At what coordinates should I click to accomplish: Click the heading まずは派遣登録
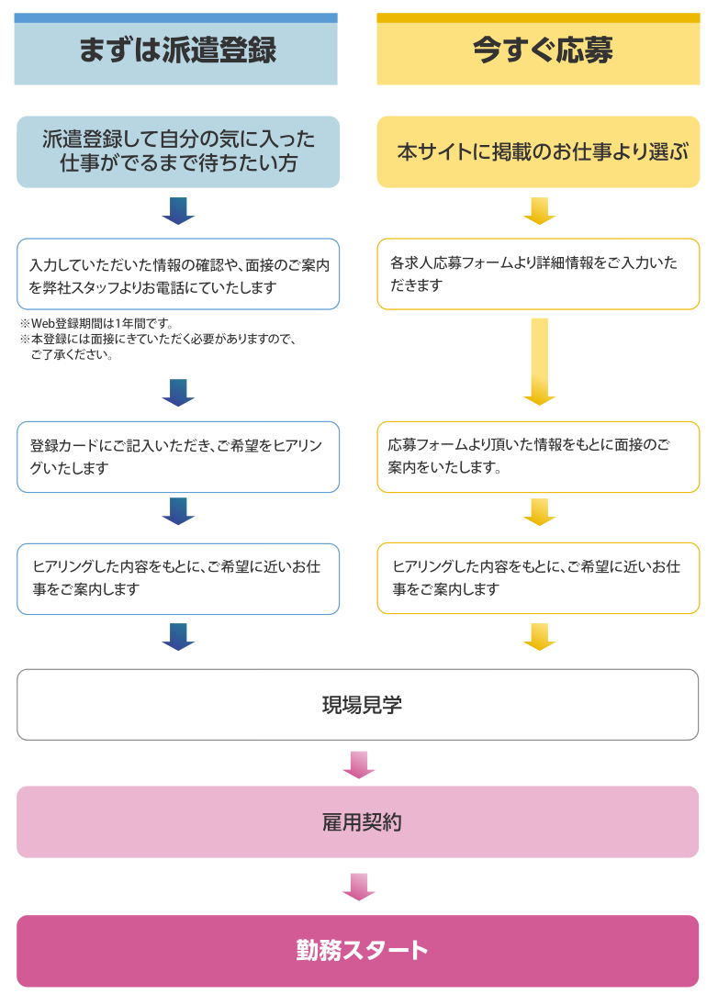coord(177,50)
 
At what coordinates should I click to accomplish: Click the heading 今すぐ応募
coord(543,50)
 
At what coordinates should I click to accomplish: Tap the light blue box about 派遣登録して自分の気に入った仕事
coord(178,152)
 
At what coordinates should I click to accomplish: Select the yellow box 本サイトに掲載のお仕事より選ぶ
coord(538,152)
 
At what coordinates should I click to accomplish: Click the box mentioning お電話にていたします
coord(178,274)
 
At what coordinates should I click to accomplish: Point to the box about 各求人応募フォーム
coord(538,274)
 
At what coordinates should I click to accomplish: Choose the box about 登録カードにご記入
coord(178,457)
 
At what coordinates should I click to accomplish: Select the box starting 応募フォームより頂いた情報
coord(538,457)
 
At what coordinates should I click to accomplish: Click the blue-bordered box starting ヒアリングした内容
coord(178,579)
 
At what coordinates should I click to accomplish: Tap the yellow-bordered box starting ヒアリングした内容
coord(538,578)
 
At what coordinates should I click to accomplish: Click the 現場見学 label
coord(362,705)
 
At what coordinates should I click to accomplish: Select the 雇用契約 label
coord(362,822)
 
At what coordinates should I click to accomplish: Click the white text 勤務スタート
coord(362,951)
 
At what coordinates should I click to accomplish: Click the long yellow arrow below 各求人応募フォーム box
coord(540,362)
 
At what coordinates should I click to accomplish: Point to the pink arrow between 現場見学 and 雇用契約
coord(359,765)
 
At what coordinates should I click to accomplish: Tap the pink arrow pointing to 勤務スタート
coord(359,888)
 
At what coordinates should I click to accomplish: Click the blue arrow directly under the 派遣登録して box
coord(178,211)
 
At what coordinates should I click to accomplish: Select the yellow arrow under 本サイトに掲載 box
coord(540,211)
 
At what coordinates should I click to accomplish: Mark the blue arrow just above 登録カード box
coord(178,393)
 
